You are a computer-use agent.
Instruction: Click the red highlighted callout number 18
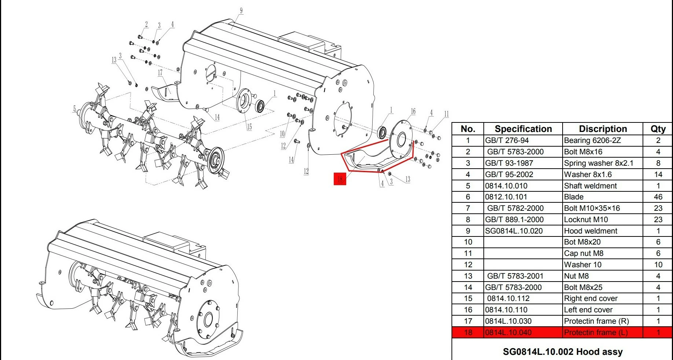[x=340, y=179]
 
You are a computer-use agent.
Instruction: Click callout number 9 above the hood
[x=241, y=11]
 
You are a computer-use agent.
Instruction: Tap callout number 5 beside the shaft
[x=74, y=109]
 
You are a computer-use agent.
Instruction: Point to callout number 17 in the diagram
[x=160, y=73]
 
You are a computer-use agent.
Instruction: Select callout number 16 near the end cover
[x=413, y=111]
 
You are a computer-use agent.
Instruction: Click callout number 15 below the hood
[x=249, y=127]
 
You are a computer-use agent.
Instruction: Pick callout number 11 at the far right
[x=446, y=114]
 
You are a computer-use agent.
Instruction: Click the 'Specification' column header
[x=523, y=129]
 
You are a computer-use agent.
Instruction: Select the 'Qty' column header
[x=658, y=129]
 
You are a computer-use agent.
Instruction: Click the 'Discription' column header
[x=603, y=129]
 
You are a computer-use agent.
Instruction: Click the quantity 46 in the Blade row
[x=658, y=197]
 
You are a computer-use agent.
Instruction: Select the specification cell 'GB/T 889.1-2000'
[x=514, y=220]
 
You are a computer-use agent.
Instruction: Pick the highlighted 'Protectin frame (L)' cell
[x=596, y=333]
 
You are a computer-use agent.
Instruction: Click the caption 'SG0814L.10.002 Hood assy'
[x=563, y=352]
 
